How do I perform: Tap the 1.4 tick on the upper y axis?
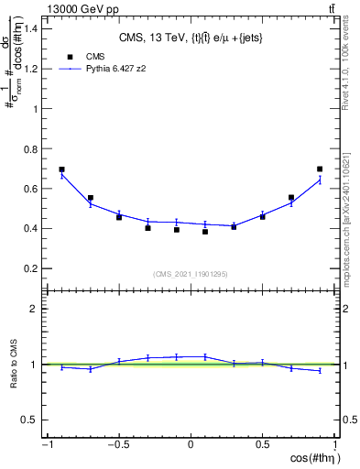coord(37,28)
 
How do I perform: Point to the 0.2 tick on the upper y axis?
coord(37,268)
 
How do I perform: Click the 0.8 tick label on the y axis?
coord(37,148)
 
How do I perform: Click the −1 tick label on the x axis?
coord(46,445)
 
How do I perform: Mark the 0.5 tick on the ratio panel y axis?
coord(36,420)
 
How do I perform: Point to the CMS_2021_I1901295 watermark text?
coord(191,275)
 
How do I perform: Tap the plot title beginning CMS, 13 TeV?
coord(191,38)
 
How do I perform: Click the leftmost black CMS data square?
coord(62,169)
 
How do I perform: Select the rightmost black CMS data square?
coord(320,169)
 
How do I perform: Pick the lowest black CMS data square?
coord(205,232)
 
